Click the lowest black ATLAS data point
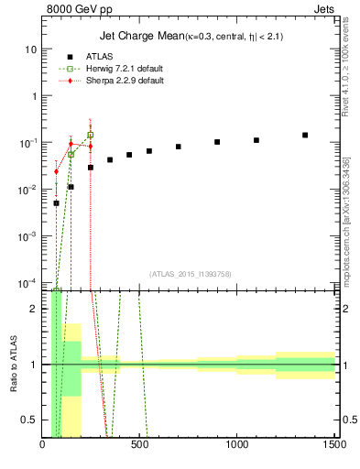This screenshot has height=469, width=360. pyautogui.click(x=56, y=203)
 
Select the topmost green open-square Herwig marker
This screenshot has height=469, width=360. pyautogui.click(x=90, y=135)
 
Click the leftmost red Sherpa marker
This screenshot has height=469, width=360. pyautogui.click(x=56, y=171)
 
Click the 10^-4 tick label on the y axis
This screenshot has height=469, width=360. pyautogui.click(x=27, y=282)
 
